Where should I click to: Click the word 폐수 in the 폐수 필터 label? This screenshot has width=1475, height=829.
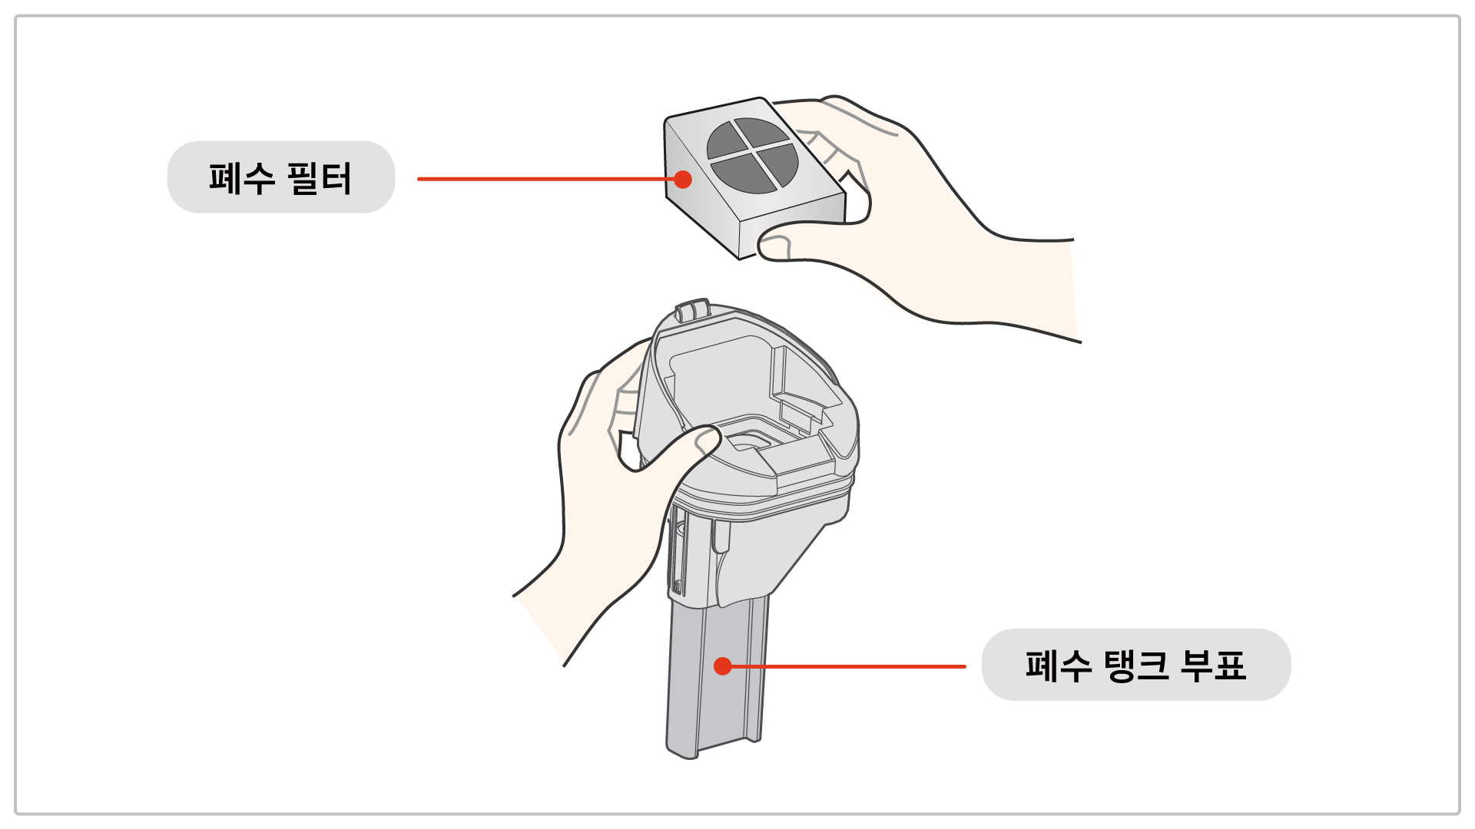(x=242, y=178)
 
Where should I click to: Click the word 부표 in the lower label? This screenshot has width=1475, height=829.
(x=1213, y=666)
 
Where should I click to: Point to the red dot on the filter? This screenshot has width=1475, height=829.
(x=683, y=180)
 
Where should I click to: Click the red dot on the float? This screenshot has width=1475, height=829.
(x=722, y=666)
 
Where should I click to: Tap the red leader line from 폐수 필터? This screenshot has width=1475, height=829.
(x=545, y=179)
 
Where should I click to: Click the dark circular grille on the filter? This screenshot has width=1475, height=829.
(x=753, y=156)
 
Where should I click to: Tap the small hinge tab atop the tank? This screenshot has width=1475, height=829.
(x=691, y=310)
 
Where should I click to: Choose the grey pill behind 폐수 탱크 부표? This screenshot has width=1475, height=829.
(x=1136, y=665)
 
